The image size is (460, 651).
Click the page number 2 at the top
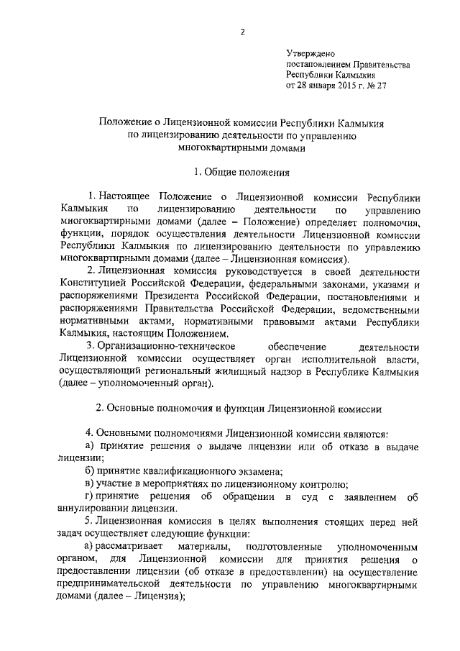(242, 32)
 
